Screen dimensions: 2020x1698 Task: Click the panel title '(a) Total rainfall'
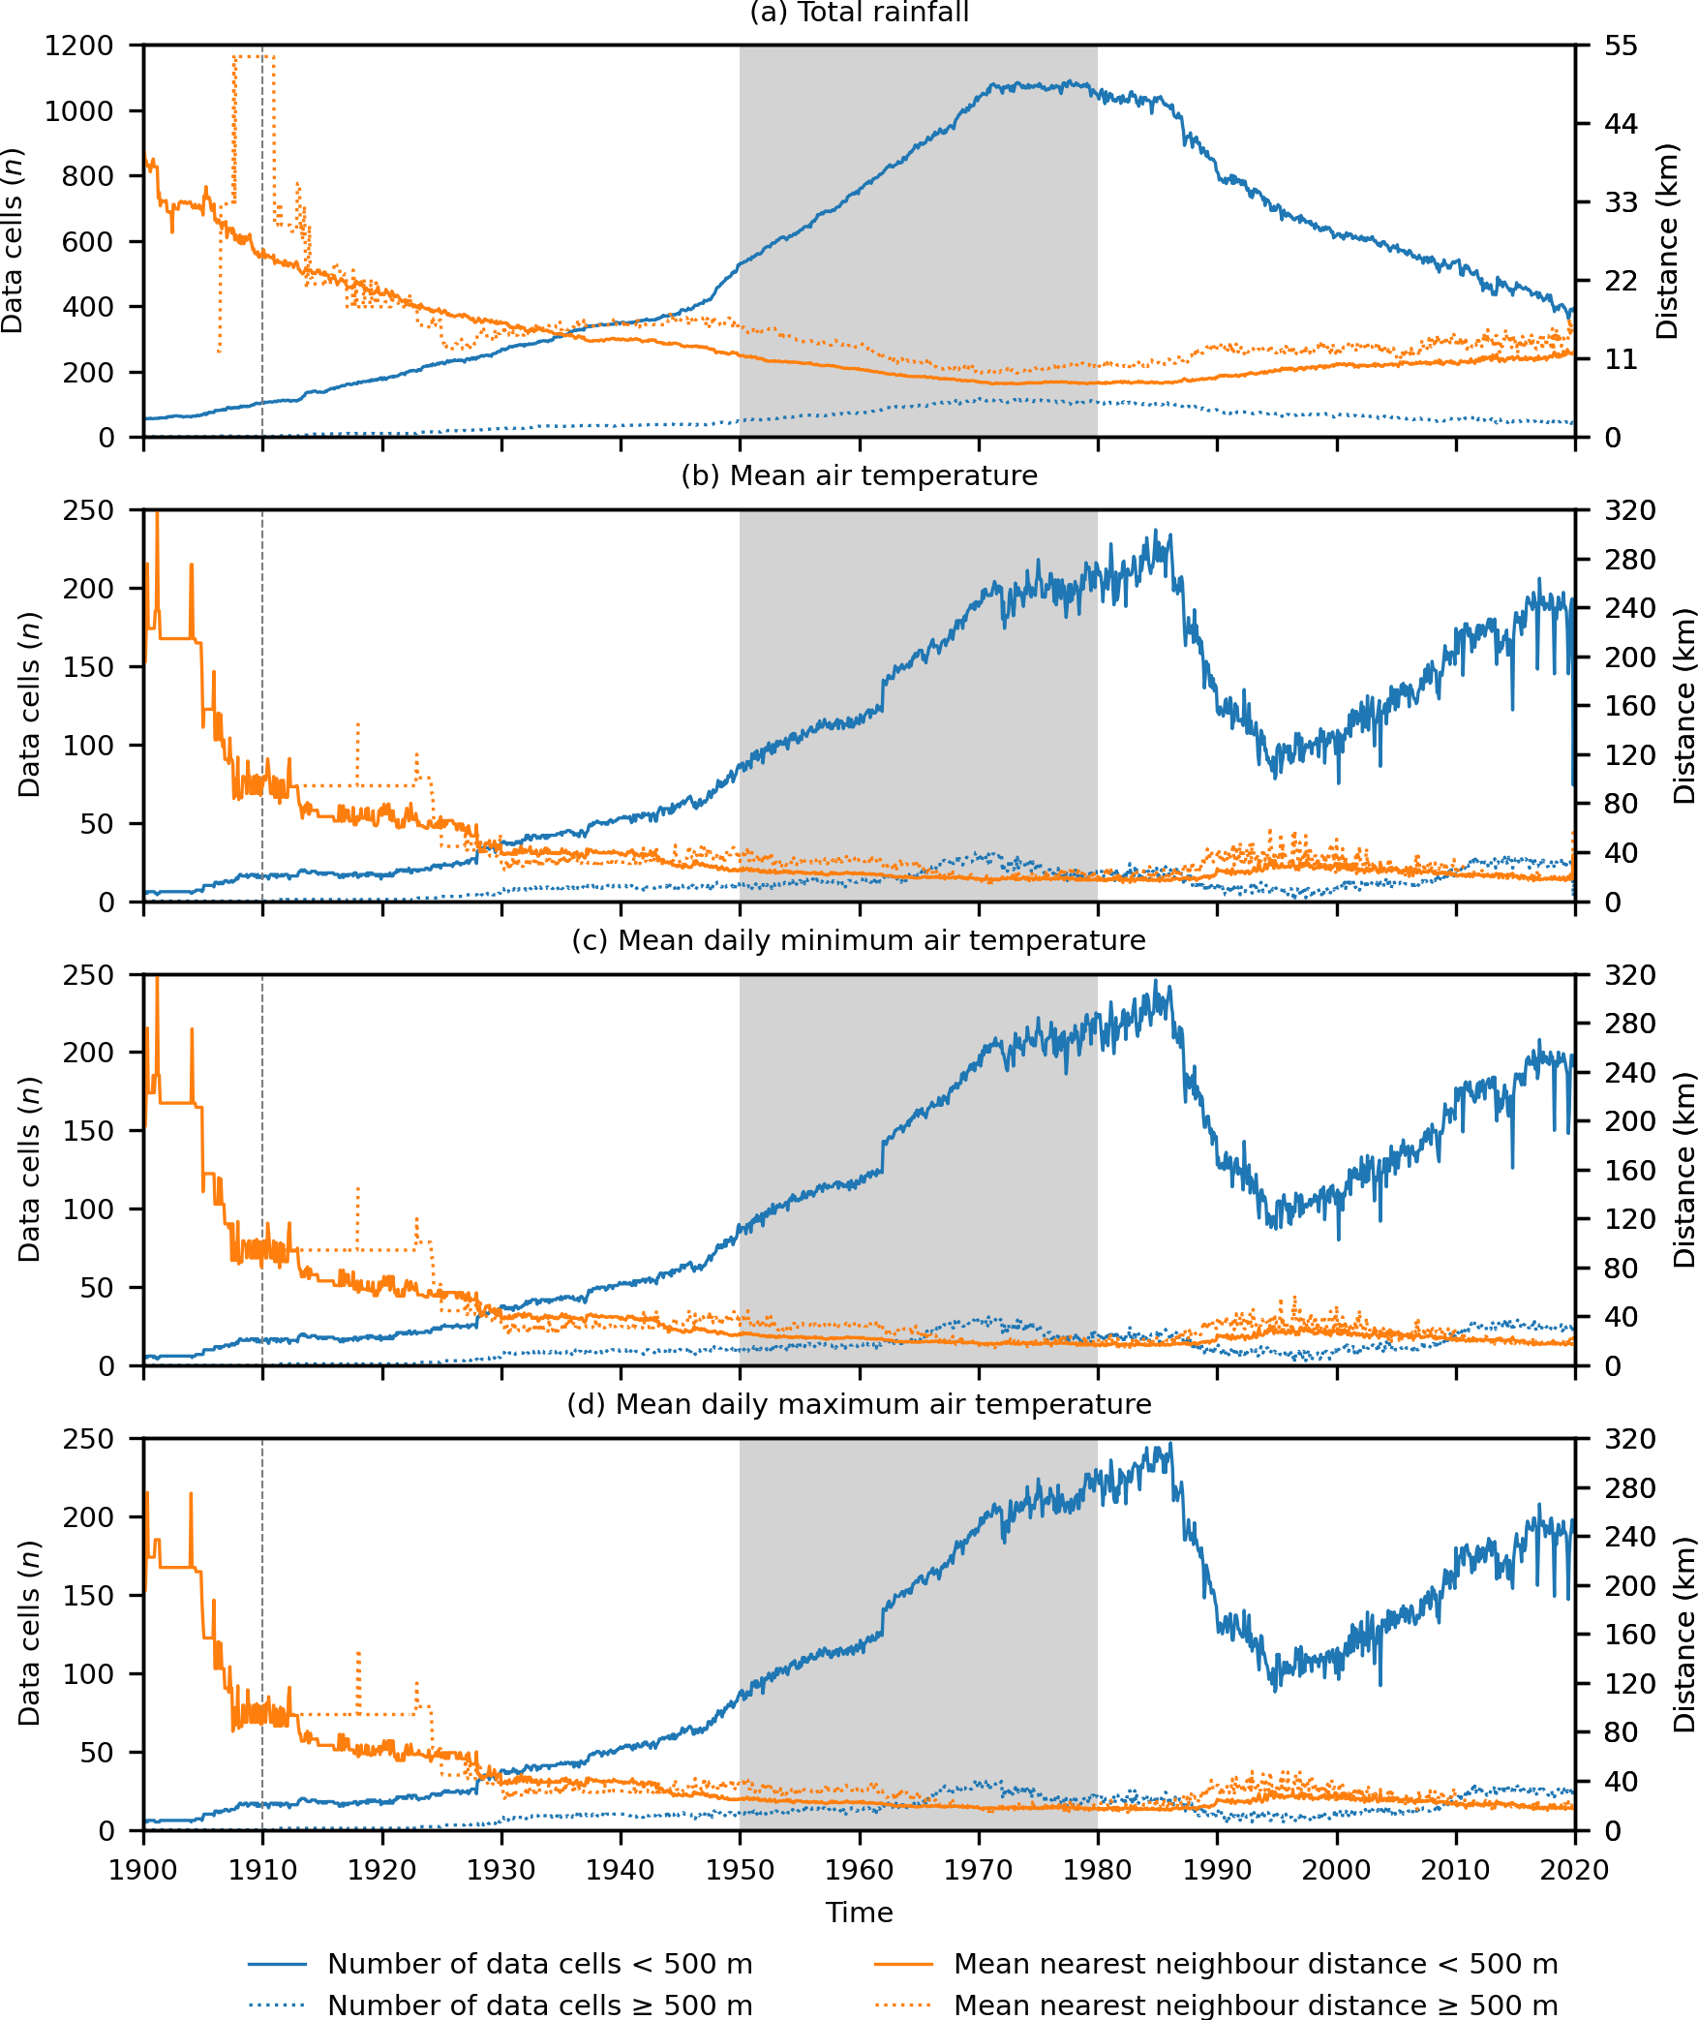click(859, 13)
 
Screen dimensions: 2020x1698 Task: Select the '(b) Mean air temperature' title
click(859, 475)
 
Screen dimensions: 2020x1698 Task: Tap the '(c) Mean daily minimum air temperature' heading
click(859, 940)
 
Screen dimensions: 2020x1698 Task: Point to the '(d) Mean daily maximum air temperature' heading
click(859, 1404)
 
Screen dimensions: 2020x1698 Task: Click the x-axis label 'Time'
click(859, 1913)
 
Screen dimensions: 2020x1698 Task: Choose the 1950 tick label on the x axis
click(740, 1870)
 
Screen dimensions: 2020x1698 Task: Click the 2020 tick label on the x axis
click(1574, 1870)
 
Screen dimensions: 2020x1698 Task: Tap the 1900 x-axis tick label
click(144, 1870)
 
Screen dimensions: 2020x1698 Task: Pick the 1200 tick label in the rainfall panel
click(78, 46)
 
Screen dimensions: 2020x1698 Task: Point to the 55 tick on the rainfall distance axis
click(1621, 46)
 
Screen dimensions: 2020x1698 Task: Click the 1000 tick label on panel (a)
click(78, 111)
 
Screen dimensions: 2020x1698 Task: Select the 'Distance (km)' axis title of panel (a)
click(1666, 241)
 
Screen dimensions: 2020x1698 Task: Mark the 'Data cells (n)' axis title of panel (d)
click(29, 1634)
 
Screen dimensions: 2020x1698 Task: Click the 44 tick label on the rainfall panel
click(1621, 124)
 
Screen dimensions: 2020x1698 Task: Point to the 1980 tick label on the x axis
click(1097, 1870)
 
